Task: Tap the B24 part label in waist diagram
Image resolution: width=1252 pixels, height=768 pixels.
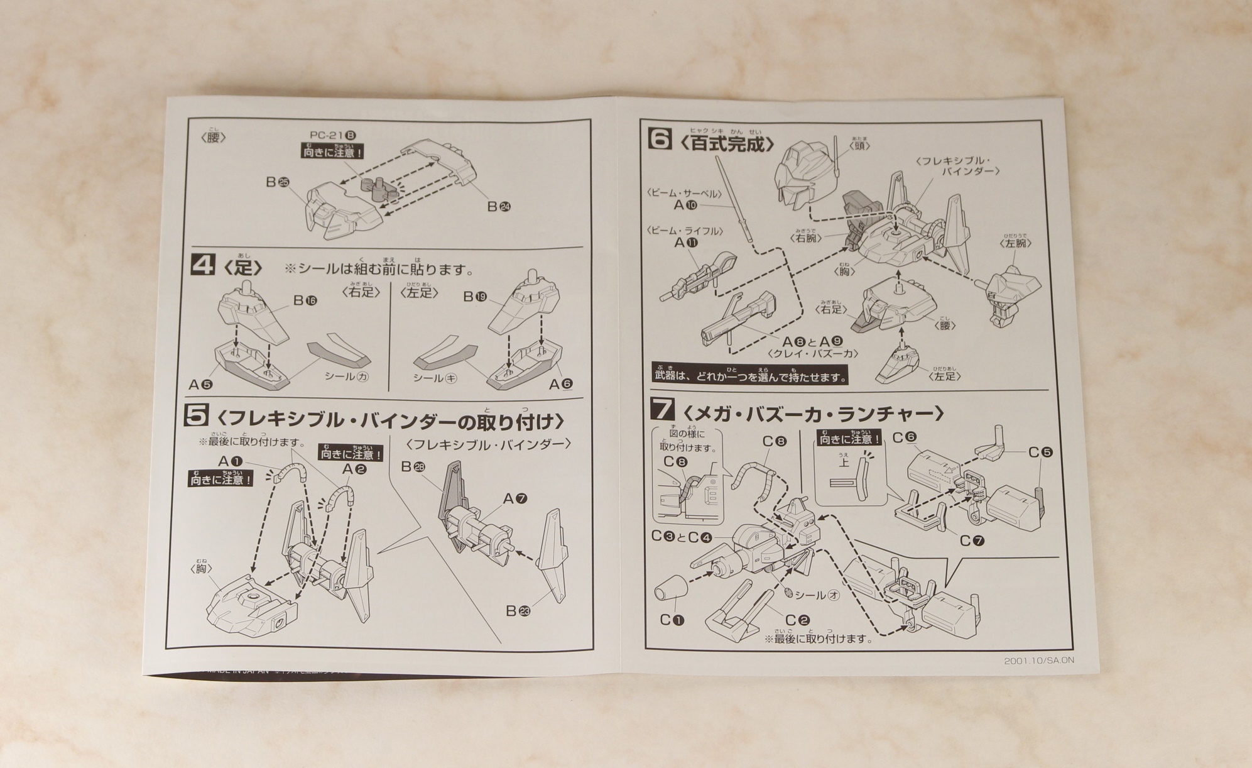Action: pyautogui.click(x=499, y=206)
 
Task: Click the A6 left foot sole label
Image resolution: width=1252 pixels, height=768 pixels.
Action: pyautogui.click(x=561, y=384)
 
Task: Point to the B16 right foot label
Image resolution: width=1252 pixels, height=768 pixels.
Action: pyautogui.click(x=305, y=300)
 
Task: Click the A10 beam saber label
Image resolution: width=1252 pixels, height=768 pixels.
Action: pyautogui.click(x=685, y=205)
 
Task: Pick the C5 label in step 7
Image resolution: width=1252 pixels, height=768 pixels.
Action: pyautogui.click(x=1040, y=453)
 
